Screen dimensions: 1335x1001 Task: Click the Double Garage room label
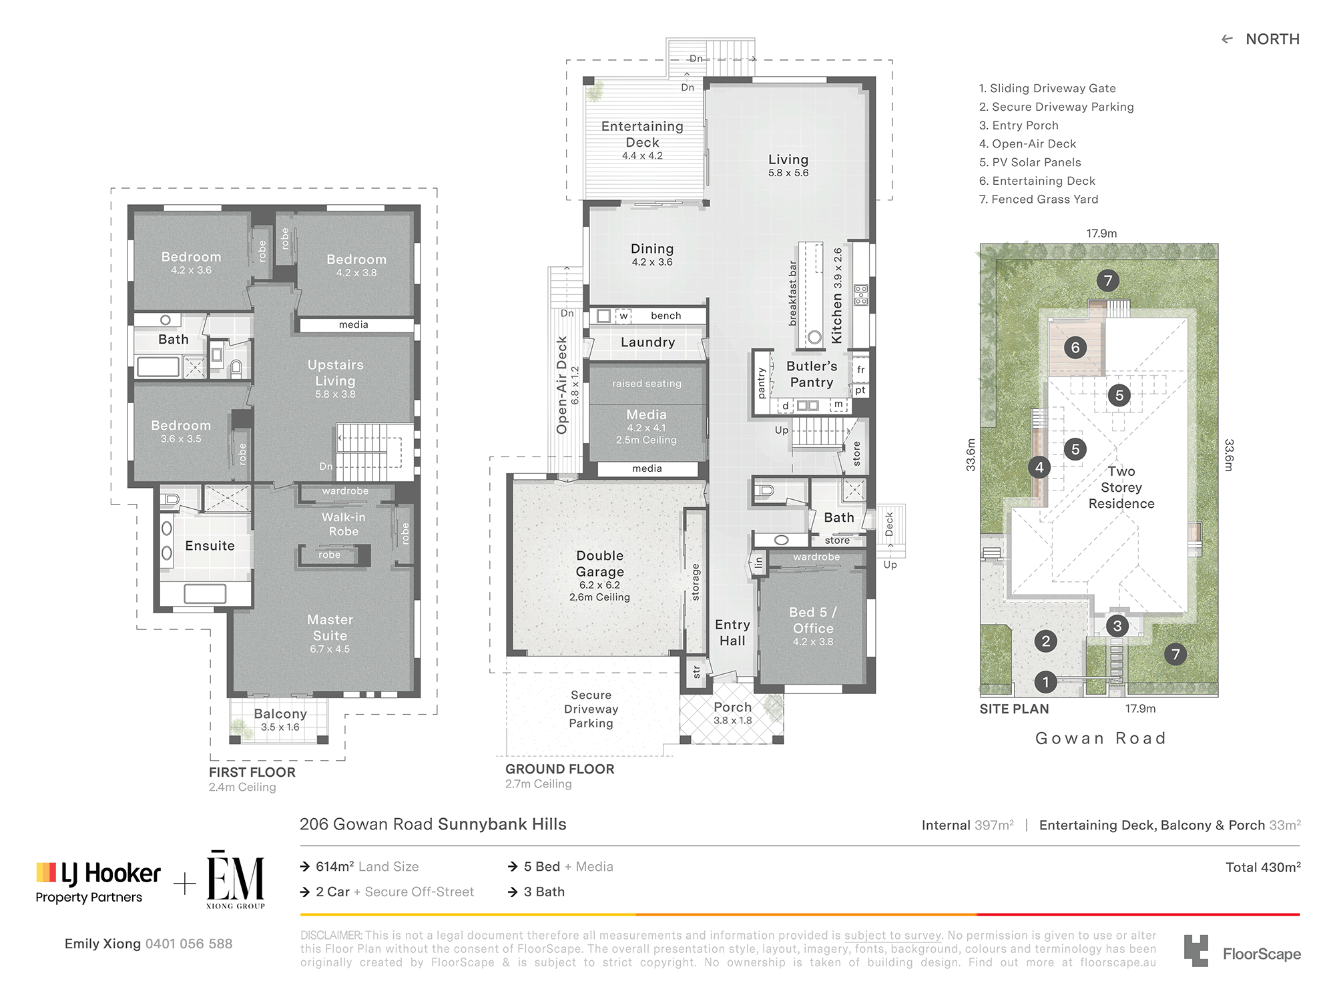(600, 564)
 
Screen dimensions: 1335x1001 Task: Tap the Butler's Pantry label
(812, 374)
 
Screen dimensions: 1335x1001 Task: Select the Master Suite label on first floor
(330, 628)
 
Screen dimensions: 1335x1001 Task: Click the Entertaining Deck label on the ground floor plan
(642, 134)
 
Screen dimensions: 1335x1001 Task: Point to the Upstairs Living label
(336, 373)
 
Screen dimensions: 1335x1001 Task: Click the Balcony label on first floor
(280, 714)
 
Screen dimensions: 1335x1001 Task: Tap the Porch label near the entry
(733, 707)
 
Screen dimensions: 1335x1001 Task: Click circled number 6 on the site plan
(1075, 347)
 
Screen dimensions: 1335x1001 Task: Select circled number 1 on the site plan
(1045, 682)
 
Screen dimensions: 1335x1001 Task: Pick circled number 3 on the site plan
(1117, 625)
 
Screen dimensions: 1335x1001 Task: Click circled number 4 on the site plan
(1039, 467)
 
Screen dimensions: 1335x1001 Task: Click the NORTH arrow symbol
(1227, 39)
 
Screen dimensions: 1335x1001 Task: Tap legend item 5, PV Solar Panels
(1030, 162)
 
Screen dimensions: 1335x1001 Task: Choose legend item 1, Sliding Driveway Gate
(1047, 88)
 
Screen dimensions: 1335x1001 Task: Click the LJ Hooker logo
(98, 882)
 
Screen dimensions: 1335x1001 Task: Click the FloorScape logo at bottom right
(1242, 951)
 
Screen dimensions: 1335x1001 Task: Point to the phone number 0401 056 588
(189, 944)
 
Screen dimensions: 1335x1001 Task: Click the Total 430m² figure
(1263, 867)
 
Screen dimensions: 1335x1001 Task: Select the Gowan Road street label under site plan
(1101, 738)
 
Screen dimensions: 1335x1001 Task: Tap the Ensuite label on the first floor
(210, 546)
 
